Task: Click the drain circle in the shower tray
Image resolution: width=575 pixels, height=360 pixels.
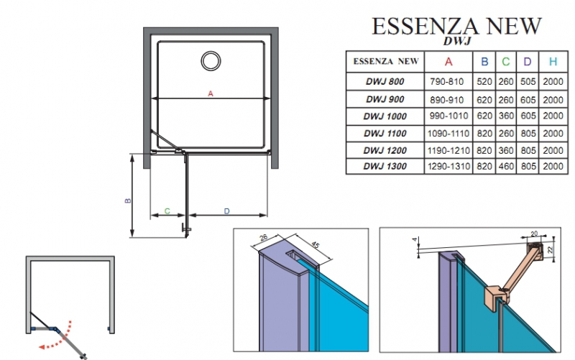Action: coord(212,60)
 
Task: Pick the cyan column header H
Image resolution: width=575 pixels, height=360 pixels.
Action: coord(552,62)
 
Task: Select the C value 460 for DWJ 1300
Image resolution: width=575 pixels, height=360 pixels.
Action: coord(506,167)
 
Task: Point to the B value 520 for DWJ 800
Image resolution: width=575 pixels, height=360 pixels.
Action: coord(484,81)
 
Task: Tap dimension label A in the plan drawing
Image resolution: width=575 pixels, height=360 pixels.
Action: coord(211,93)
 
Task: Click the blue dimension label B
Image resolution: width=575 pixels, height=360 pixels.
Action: coord(127,202)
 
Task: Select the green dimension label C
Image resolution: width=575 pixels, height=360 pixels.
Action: coord(167,211)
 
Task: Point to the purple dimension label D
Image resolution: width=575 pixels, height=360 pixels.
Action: coord(226,211)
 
